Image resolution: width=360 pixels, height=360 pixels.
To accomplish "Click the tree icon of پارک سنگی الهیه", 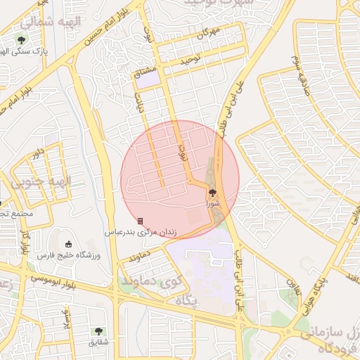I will tap(23, 39).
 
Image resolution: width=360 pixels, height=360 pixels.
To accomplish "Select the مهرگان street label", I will tap(209, 32).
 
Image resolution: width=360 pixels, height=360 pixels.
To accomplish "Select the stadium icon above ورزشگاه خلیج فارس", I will tap(67, 243).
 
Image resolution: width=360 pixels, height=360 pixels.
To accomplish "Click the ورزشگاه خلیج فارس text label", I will tap(69, 255).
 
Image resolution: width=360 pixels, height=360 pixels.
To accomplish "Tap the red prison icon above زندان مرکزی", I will tap(140, 221).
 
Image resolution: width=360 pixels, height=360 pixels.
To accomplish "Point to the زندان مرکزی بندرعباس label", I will tap(150, 231).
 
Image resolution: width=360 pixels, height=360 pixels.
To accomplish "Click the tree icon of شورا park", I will tap(213, 191).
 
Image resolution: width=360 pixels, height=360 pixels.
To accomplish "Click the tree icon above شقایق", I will tap(98, 330).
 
